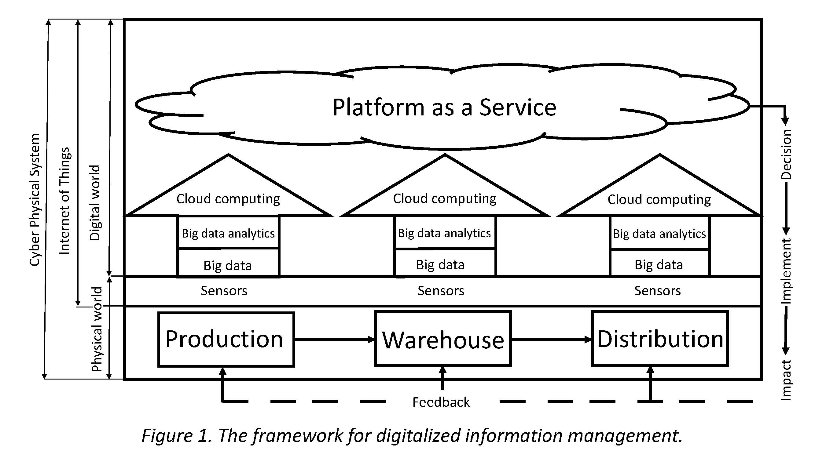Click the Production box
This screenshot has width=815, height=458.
[226, 339]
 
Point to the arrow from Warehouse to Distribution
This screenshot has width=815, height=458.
[551, 340]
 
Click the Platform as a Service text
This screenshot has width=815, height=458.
[444, 107]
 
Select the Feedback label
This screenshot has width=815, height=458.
[441, 402]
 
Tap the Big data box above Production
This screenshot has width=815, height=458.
[228, 265]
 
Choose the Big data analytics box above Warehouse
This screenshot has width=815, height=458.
[444, 233]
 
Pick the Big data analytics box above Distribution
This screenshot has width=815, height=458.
[659, 234]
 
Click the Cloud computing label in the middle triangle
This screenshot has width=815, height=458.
[445, 198]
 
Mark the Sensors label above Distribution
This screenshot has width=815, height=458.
[657, 290]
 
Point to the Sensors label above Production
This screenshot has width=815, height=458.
[224, 290]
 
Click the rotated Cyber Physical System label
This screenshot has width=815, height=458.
[35, 200]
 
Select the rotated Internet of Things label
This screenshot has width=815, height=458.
[64, 201]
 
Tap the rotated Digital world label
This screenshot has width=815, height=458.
[95, 203]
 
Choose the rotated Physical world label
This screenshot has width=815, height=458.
[97, 329]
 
